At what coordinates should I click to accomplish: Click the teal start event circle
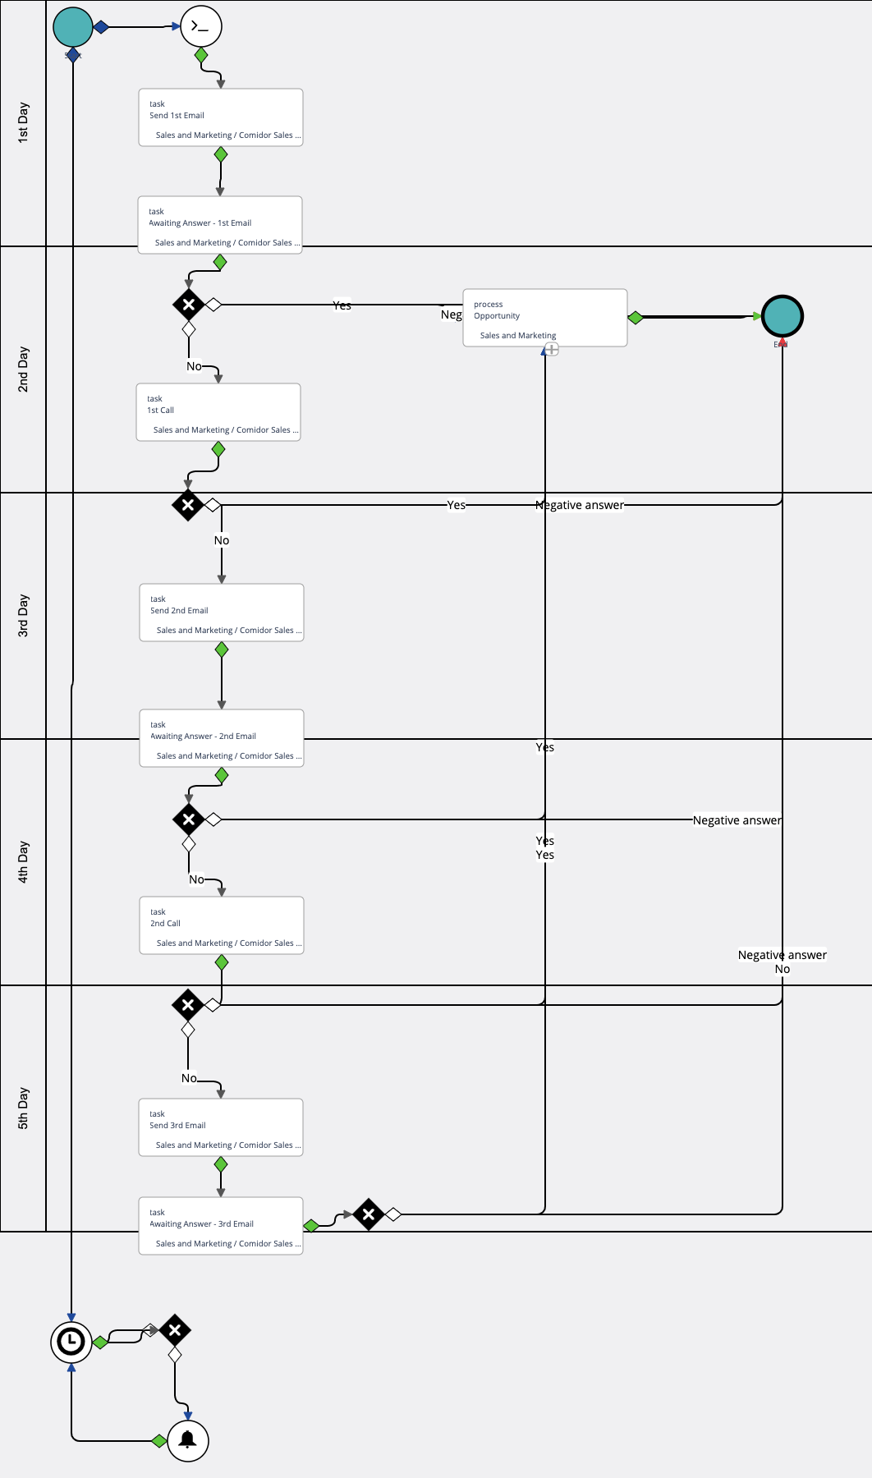point(73,27)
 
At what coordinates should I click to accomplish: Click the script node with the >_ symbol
point(201,26)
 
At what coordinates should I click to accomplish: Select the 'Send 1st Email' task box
point(221,117)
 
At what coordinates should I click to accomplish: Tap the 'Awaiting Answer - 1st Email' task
point(220,225)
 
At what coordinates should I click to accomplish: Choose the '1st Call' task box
point(218,412)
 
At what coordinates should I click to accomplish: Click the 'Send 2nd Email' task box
point(222,613)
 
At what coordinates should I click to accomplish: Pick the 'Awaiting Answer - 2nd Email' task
point(222,738)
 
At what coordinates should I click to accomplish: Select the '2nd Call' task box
point(222,925)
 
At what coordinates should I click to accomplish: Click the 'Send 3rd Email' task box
point(221,1127)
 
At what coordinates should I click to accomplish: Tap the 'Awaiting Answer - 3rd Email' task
point(221,1226)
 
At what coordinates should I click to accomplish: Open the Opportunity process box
point(545,318)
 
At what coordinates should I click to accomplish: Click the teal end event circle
point(783,316)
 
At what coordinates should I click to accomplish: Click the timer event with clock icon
point(71,1342)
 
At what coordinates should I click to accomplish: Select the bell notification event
point(188,1440)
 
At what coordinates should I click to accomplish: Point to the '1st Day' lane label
point(23,123)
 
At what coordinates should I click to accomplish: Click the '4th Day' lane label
point(23,862)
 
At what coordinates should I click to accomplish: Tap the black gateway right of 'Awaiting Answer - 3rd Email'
point(369,1214)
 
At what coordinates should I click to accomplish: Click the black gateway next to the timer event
point(175,1330)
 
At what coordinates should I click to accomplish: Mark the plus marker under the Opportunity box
point(553,350)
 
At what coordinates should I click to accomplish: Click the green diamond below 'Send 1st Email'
point(221,154)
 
